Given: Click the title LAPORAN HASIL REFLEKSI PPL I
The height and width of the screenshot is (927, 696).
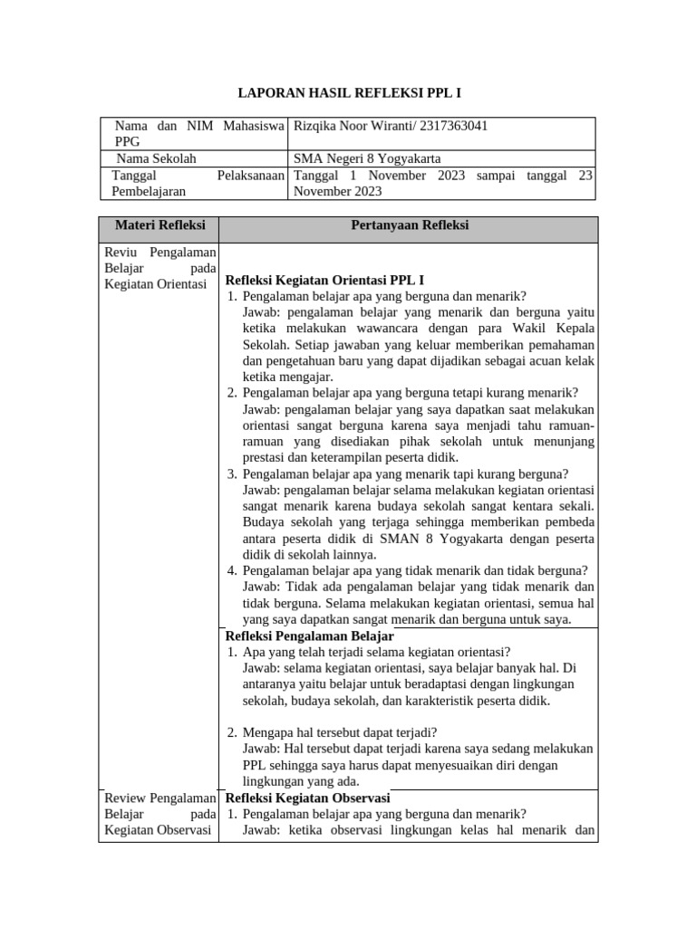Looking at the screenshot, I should pyautogui.click(x=349, y=92).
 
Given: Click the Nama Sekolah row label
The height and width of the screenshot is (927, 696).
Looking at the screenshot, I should pyautogui.click(x=156, y=158).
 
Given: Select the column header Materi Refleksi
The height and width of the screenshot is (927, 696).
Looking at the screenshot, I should pyautogui.click(x=159, y=225).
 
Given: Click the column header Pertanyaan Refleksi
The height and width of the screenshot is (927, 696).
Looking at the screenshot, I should pyautogui.click(x=409, y=225).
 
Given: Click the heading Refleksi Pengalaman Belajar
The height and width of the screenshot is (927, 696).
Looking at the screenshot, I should pyautogui.click(x=309, y=636).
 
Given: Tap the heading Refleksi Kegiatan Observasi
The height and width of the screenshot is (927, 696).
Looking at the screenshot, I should pyautogui.click(x=307, y=798).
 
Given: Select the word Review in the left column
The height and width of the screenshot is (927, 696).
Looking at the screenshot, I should pyautogui.click(x=125, y=798).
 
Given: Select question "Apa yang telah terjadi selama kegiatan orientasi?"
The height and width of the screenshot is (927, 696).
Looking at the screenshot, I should pyautogui.click(x=376, y=652).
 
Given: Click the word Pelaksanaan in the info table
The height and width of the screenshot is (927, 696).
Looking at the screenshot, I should pyautogui.click(x=252, y=175).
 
